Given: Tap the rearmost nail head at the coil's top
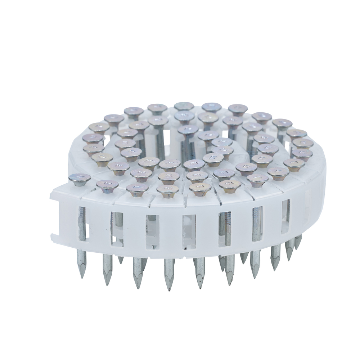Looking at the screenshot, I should click(184, 106).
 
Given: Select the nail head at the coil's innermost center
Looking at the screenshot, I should click(188, 129).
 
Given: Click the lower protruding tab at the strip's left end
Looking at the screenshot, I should click(54, 237).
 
